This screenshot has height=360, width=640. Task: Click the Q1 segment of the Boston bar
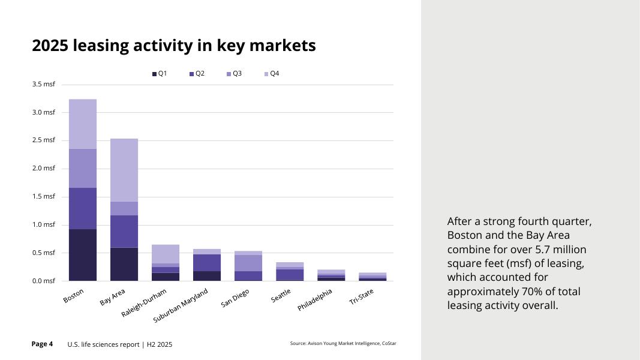pyautogui.click(x=82, y=254)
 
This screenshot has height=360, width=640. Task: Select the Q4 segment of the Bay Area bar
pyautogui.click(x=124, y=170)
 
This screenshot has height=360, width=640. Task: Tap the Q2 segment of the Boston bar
pyautogui.click(x=82, y=208)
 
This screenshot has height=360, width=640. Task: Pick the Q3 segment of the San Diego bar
pyautogui.click(x=248, y=263)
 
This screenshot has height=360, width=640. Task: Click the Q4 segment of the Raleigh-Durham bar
pyautogui.click(x=166, y=254)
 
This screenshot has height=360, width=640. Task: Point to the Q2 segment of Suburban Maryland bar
pyautogui.click(x=207, y=262)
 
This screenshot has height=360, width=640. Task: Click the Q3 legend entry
pyautogui.click(x=234, y=74)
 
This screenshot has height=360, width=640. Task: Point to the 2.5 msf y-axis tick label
pyautogui.click(x=43, y=140)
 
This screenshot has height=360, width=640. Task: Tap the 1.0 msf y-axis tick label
pyautogui.click(x=43, y=225)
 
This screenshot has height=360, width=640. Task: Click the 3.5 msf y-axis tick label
pyautogui.click(x=43, y=85)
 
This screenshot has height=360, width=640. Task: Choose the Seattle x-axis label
pyautogui.click(x=281, y=296)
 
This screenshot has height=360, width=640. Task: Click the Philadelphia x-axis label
pyautogui.click(x=314, y=299)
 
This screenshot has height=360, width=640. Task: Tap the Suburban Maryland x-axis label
pyautogui.click(x=181, y=305)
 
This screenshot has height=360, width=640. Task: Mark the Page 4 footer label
pyautogui.click(x=42, y=344)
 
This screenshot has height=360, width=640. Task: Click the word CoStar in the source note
pyautogui.click(x=389, y=343)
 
